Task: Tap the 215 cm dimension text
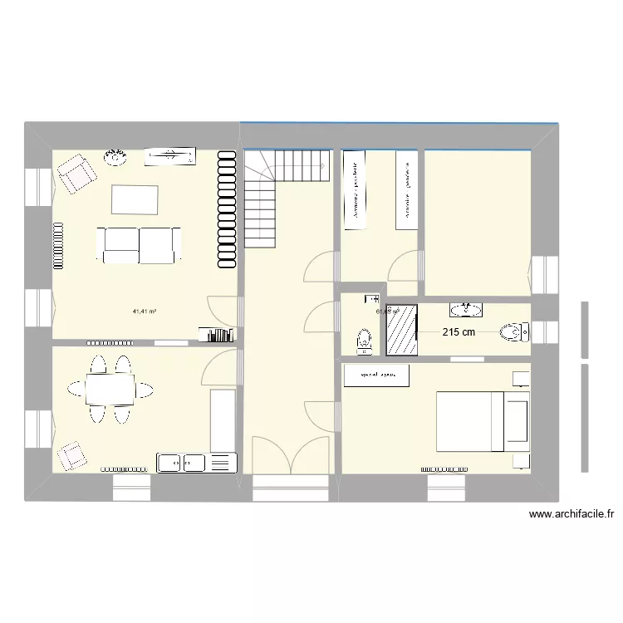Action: (459, 333)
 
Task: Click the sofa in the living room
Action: (140, 245)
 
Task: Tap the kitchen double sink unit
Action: (182, 462)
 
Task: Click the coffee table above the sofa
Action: (135, 200)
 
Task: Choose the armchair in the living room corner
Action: (76, 174)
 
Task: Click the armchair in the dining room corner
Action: (71, 454)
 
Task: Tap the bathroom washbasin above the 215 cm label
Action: (465, 310)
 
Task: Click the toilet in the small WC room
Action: (364, 341)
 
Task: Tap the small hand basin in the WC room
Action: (370, 298)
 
